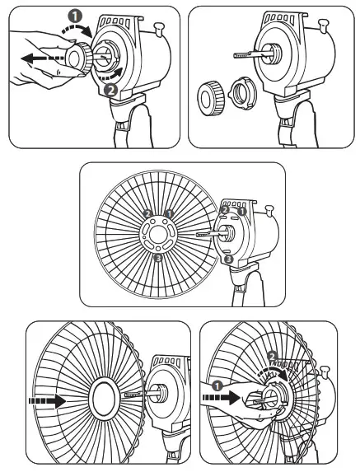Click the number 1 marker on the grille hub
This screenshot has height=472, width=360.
(169, 213)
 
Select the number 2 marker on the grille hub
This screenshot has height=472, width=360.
(147, 213)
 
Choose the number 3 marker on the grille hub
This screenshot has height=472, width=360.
(158, 258)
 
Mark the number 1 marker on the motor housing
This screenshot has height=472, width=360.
(242, 212)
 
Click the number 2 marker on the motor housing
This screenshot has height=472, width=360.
(225, 212)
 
